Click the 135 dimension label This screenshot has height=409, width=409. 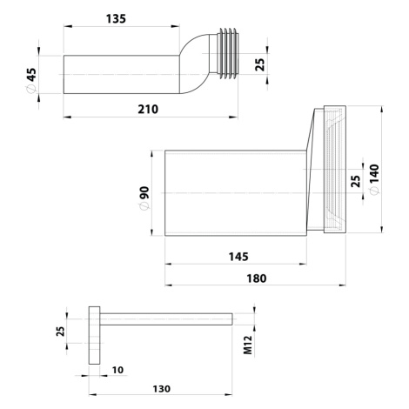coord(116,19)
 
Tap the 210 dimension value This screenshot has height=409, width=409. coord(148,110)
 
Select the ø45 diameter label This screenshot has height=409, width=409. coord(31,80)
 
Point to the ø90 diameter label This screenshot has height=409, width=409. coord(144,198)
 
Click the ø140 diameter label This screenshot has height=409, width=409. coord(374,179)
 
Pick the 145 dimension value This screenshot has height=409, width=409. coord(238,257)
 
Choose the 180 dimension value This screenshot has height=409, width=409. coord(257,278)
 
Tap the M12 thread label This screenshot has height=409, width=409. coord(248,345)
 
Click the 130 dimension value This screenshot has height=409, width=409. coord(161,389)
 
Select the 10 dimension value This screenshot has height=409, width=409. coord(117,370)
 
